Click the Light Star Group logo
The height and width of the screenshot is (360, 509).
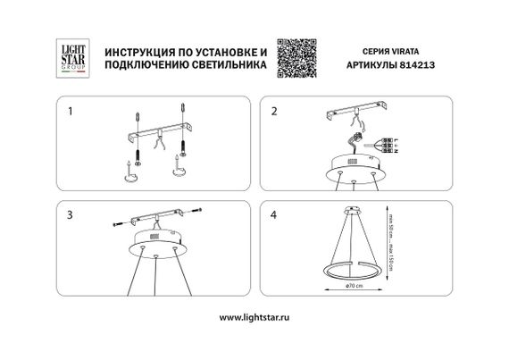coord(71,54)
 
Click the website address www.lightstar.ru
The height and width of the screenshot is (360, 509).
coord(254,316)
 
